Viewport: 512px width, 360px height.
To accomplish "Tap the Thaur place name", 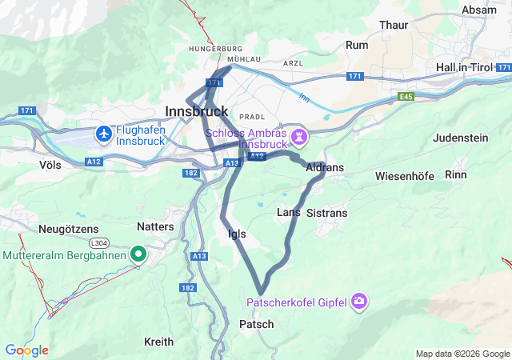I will point(394,25).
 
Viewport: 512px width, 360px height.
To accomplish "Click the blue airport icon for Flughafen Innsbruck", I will point(103,133).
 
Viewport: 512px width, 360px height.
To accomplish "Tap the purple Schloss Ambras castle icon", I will point(299,137).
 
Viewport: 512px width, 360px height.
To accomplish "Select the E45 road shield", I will point(408,96).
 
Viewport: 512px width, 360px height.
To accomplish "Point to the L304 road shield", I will point(99,242).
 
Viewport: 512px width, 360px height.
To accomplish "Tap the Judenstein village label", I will point(460,138).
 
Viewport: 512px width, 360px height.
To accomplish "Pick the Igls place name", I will point(237,234).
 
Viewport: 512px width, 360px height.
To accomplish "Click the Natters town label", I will point(155,227).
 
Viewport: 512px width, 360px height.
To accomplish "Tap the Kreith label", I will point(158,342).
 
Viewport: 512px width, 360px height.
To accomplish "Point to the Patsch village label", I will point(256,324).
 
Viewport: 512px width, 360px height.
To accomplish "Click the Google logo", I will point(26,350).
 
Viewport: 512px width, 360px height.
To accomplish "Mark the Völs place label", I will point(50,164).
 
